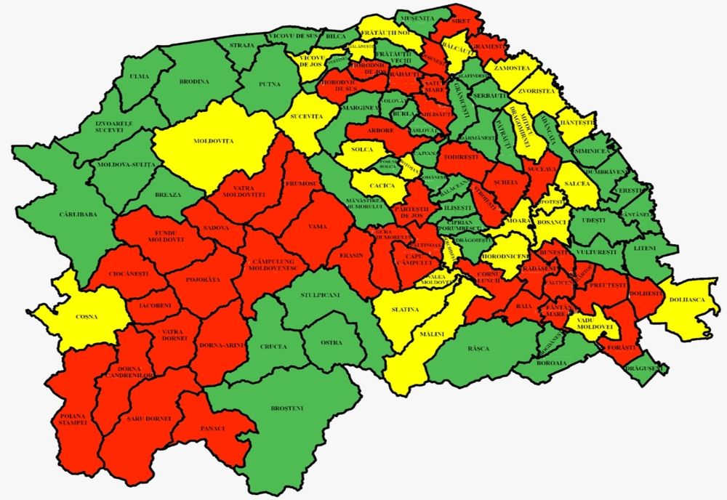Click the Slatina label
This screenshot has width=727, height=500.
[x=405, y=310]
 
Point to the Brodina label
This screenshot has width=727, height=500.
[x=193, y=81]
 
